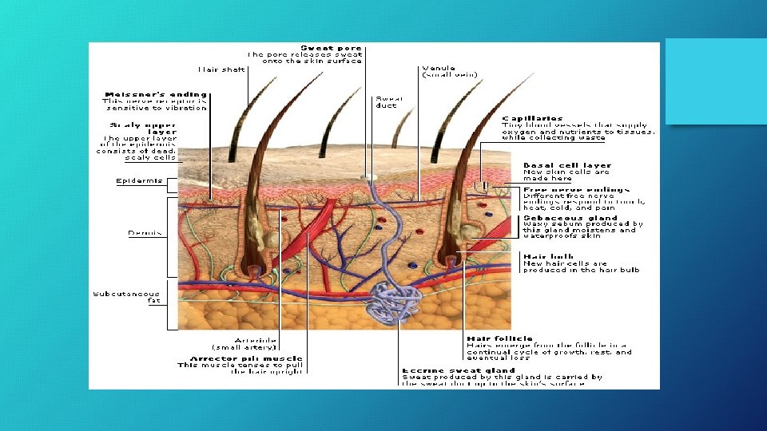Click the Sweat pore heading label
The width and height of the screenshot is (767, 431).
click(330, 48)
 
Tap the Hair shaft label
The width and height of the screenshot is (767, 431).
click(223, 69)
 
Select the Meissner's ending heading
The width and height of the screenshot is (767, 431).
click(154, 94)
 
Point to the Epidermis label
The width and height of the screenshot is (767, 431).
click(139, 180)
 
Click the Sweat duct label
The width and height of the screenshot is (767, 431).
click(389, 102)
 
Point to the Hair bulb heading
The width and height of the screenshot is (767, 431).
click(548, 256)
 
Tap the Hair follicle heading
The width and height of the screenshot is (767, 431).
click(499, 338)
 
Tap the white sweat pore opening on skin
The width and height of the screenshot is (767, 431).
click(367, 177)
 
